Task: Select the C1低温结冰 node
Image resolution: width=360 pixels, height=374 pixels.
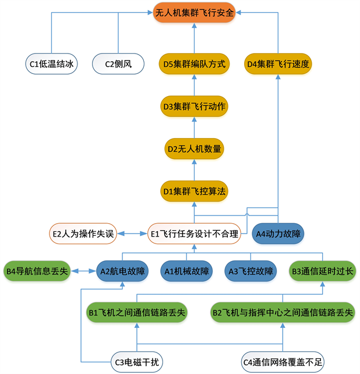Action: pyautogui.click(x=52, y=63)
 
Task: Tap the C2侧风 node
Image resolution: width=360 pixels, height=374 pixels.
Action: pyautogui.click(x=118, y=63)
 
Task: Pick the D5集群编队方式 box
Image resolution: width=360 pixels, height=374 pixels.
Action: pyautogui.click(x=193, y=63)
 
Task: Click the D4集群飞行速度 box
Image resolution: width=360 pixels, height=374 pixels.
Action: pyautogui.click(x=278, y=63)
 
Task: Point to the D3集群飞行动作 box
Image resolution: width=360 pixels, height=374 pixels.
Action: pyautogui.click(x=193, y=106)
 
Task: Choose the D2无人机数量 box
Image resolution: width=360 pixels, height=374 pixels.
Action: pyautogui.click(x=193, y=149)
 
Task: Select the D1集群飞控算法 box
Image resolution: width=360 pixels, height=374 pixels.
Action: pyautogui.click(x=193, y=190)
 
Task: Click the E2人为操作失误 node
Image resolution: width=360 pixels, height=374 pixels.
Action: pyautogui.click(x=82, y=234)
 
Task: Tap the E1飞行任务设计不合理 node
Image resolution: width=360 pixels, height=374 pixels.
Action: pyautogui.click(x=194, y=234)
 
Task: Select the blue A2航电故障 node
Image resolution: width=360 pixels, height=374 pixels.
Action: pyautogui.click(x=122, y=270)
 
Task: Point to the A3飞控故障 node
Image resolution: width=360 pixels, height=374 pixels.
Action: pyautogui.click(x=250, y=270)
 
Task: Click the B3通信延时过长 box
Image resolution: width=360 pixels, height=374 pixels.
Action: pyautogui.click(x=322, y=270)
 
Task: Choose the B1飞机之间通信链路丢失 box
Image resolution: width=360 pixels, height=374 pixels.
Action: pyautogui.click(x=137, y=313)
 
